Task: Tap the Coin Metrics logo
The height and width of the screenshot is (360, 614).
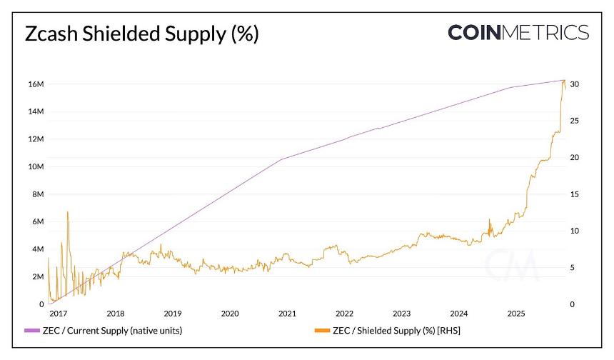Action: (x=518, y=33)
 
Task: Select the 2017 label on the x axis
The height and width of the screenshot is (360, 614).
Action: (x=59, y=314)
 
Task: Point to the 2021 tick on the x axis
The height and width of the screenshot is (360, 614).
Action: (x=287, y=314)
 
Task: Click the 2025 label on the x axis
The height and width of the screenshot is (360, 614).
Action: (x=516, y=314)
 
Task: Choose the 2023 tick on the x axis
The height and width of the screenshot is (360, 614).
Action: (x=401, y=314)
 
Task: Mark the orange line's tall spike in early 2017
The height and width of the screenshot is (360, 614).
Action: (x=67, y=212)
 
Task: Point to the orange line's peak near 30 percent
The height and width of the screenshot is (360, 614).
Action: (x=564, y=81)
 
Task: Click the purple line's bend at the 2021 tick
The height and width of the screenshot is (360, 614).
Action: (x=282, y=159)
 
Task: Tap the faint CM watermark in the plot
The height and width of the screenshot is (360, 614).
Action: (x=511, y=265)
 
